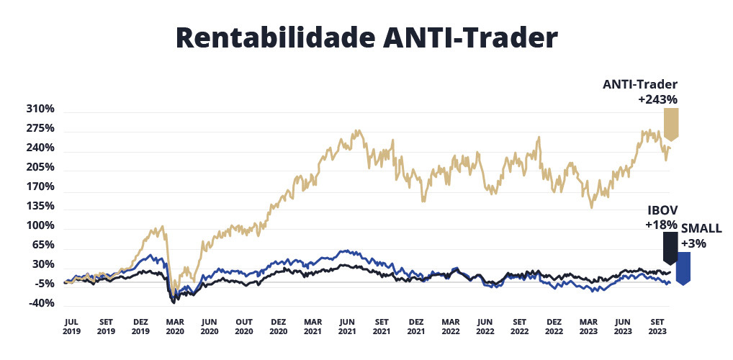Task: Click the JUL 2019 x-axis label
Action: tap(71, 327)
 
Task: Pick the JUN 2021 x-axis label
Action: tap(346, 327)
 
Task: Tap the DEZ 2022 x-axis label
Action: tap(554, 327)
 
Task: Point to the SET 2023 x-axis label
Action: tap(657, 327)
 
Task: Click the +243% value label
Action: tap(658, 99)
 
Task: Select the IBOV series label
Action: tap(662, 212)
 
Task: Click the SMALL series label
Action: tap(701, 229)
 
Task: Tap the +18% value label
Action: tap(662, 225)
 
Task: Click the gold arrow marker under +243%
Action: tap(671, 124)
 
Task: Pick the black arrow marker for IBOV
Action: tap(670, 248)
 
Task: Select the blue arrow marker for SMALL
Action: tap(684, 267)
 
